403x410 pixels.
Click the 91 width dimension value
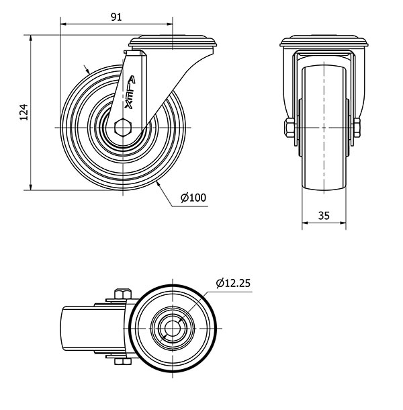tap(116, 17)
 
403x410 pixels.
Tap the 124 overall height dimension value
tap(24, 112)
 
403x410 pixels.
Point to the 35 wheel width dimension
tap(324, 216)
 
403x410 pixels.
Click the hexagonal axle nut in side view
tap(122, 127)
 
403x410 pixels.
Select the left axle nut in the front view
tap(287, 127)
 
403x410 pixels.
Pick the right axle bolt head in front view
tap(357, 127)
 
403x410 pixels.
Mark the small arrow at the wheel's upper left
tap(87, 69)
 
